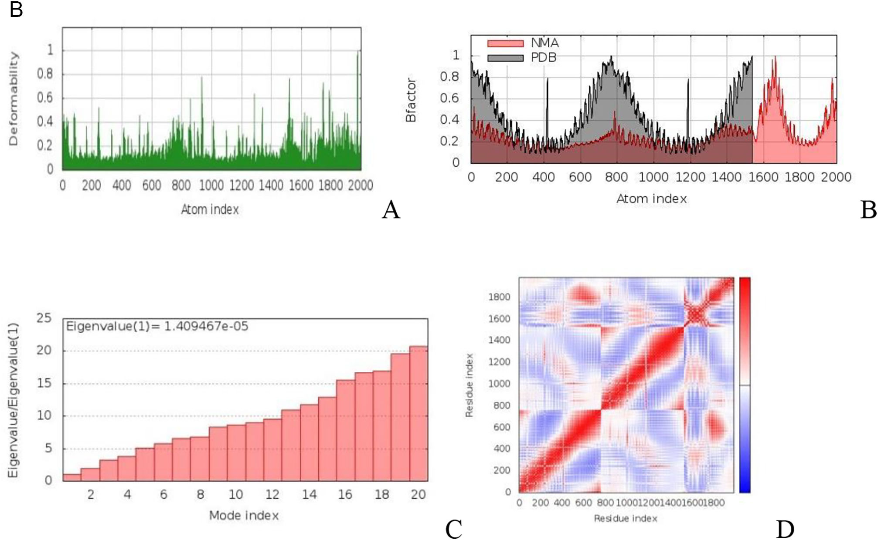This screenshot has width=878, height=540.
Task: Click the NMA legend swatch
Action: (505, 43)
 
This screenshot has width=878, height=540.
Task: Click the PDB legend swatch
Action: (505, 58)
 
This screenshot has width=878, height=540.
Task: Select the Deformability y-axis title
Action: (14, 98)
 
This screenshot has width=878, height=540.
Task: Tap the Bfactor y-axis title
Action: (411, 100)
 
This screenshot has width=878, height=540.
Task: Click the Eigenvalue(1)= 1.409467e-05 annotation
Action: (157, 326)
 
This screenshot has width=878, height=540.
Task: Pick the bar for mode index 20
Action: (419, 414)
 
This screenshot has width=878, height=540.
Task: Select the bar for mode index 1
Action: (72, 477)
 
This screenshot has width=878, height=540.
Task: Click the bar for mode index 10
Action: (236, 453)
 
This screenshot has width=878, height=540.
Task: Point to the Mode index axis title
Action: (244, 516)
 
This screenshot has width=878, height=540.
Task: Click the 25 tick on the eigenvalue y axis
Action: (44, 318)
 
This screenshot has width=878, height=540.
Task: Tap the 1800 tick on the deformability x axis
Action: (330, 186)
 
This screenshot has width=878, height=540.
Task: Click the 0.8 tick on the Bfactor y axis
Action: (449, 77)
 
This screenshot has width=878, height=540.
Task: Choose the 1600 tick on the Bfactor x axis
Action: (763, 177)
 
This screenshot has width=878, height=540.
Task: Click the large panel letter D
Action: (785, 529)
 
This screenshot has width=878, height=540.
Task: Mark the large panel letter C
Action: (453, 529)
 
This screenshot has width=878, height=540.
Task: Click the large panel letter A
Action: (391, 210)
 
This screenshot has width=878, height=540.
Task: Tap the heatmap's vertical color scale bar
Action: (745, 385)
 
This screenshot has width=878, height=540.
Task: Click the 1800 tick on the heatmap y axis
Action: (499, 297)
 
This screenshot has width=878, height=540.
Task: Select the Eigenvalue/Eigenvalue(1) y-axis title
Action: (14, 400)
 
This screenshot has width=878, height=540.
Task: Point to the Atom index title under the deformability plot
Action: (210, 209)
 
